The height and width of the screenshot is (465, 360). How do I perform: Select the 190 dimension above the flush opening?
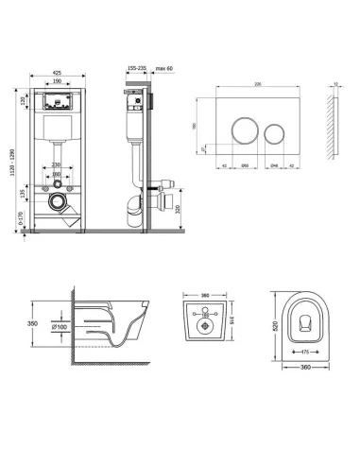click(58, 81)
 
